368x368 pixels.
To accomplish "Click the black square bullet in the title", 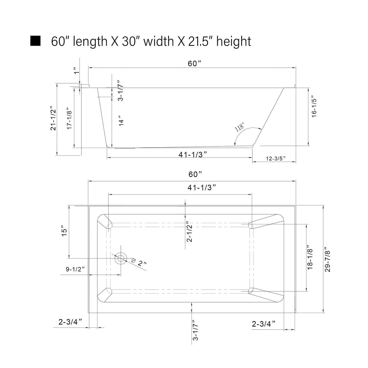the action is [35, 41].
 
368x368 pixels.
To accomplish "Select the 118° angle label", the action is [239, 127].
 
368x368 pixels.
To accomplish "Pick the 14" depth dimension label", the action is [121, 120].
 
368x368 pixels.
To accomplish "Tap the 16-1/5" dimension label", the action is [314, 108].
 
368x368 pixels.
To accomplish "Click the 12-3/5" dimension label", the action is [276, 158].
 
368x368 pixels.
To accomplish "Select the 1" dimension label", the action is [76, 71].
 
